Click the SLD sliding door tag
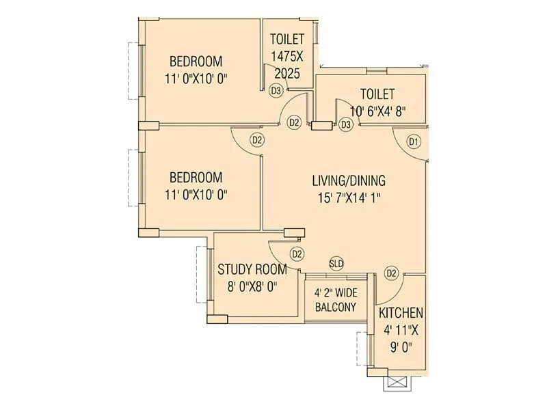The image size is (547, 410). point(336,263)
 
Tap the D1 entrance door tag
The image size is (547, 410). point(413,142)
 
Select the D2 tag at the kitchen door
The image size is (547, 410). point(391,273)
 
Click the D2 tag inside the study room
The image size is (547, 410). point(297,254)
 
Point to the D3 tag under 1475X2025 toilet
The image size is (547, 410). point(276,90)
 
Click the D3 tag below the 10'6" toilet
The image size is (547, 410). point(346,124)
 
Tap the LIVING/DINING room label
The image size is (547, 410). point(349,181)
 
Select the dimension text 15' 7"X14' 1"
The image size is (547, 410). point(349,199)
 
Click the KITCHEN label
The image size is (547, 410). point(401,313)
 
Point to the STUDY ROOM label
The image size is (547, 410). point(252,269)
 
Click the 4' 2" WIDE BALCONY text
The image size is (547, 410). point(335,300)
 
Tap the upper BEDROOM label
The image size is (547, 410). point(196,60)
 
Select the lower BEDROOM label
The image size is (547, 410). point(196,176)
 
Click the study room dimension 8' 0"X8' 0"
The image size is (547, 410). point(252,287)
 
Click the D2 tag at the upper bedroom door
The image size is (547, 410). point(294,122)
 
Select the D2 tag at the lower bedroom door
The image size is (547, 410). point(257,140)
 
